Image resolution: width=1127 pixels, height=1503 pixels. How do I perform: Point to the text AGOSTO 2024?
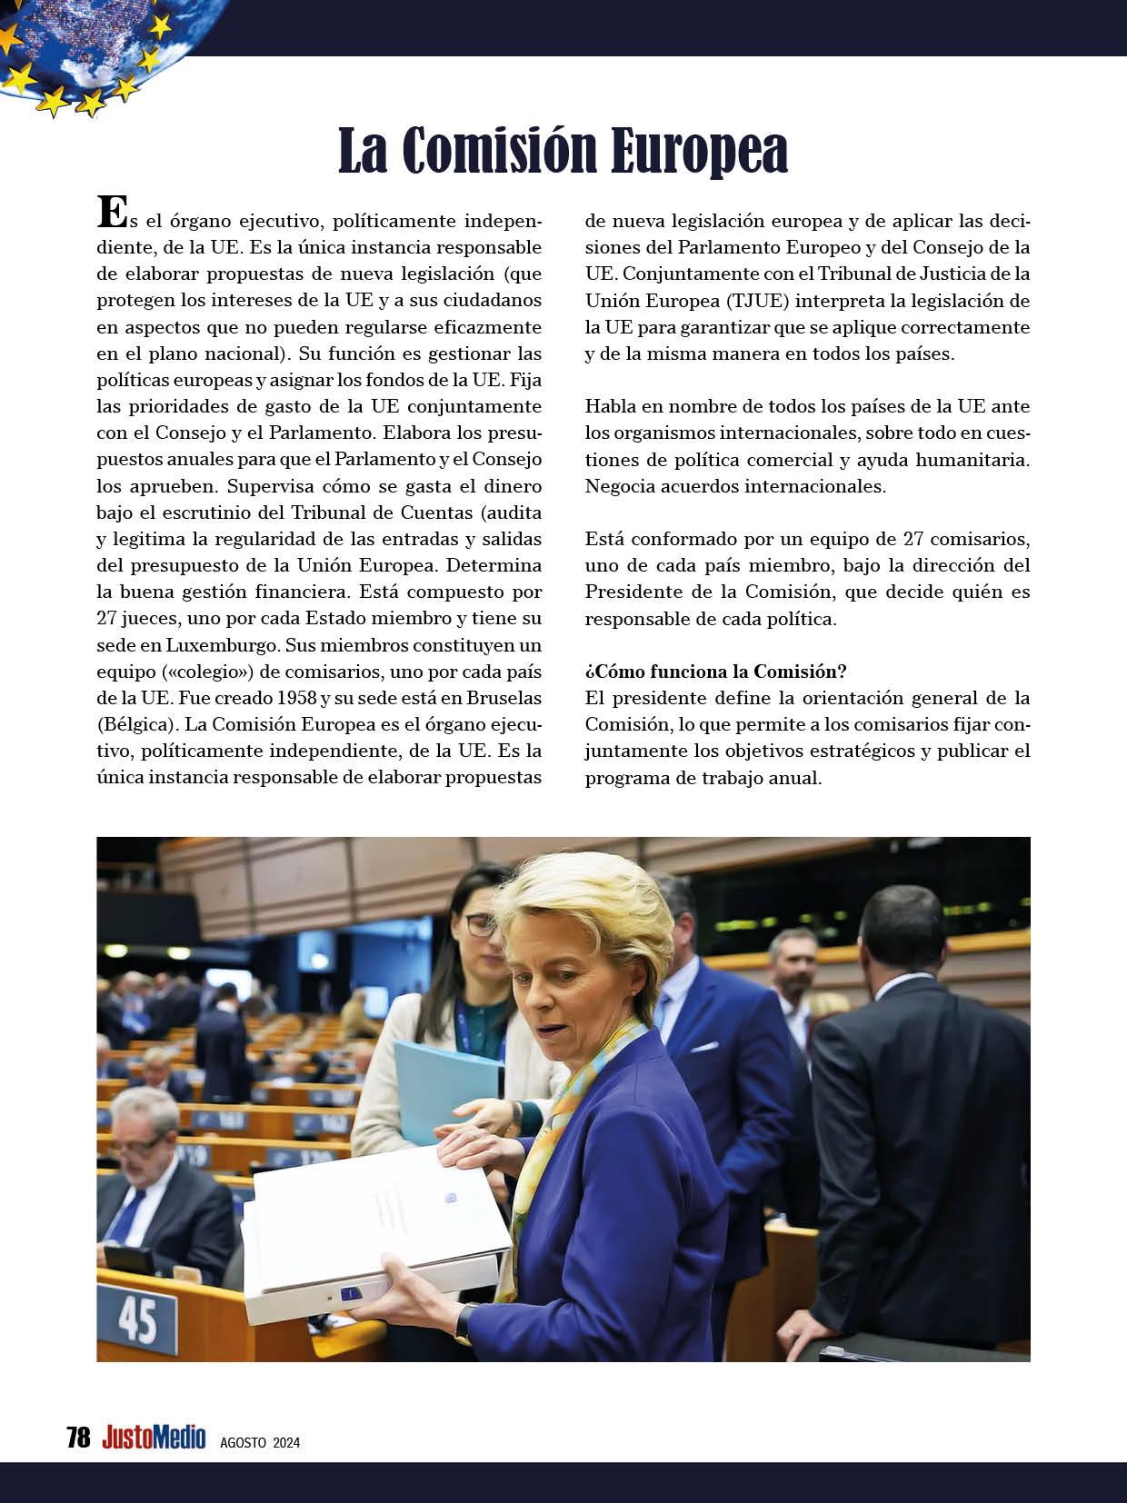pos(260,1442)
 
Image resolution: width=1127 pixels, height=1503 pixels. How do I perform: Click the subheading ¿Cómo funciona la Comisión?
pos(716,672)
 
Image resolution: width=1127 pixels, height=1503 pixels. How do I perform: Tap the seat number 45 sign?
pos(137,1319)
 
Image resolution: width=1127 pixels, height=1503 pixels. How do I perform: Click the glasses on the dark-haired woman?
pos(478,925)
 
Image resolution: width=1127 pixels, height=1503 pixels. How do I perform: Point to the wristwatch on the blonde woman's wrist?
pos(464,1323)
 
